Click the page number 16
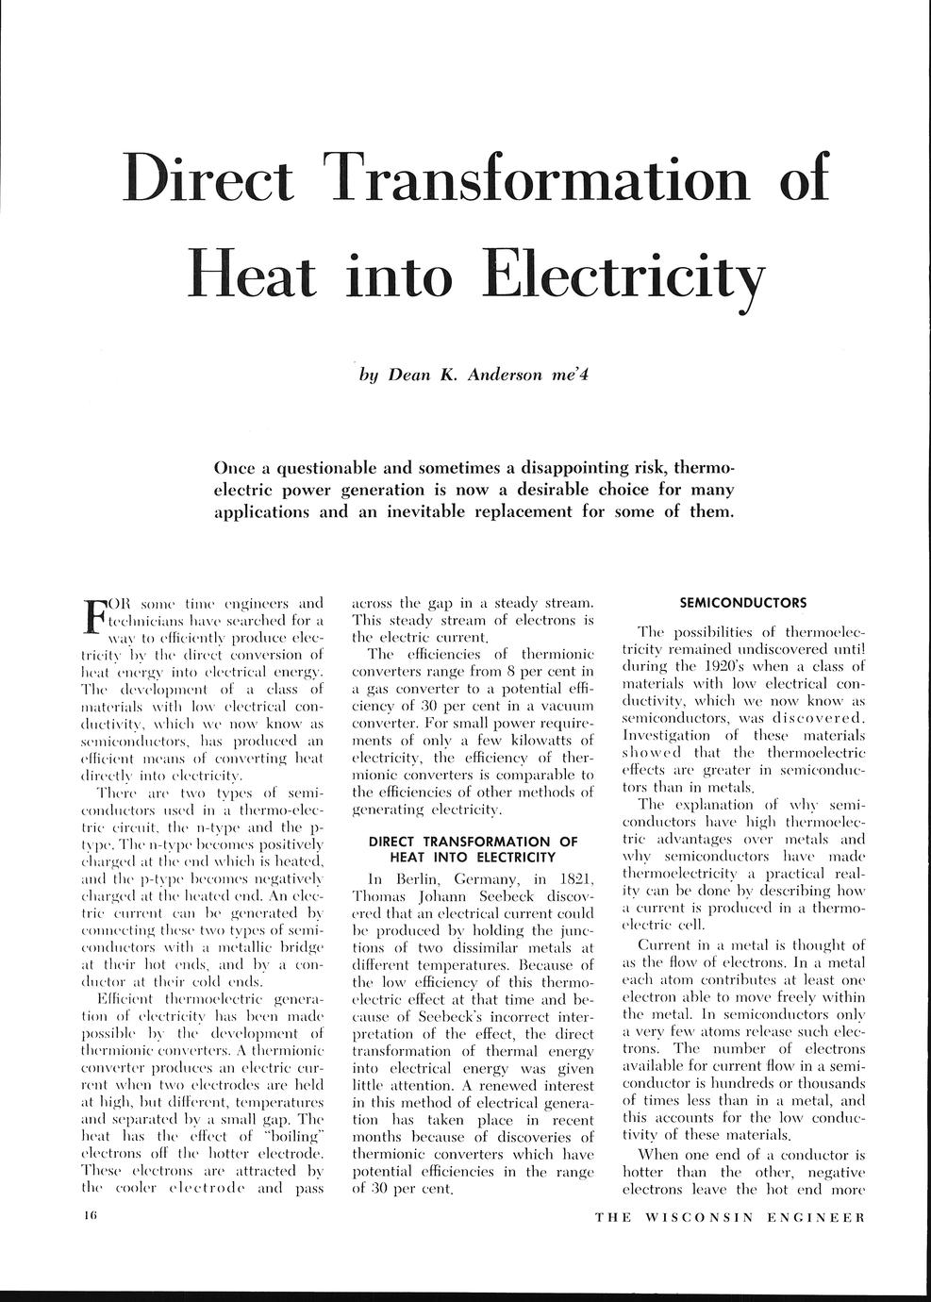(x=90, y=1217)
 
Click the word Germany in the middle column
(x=489, y=879)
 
